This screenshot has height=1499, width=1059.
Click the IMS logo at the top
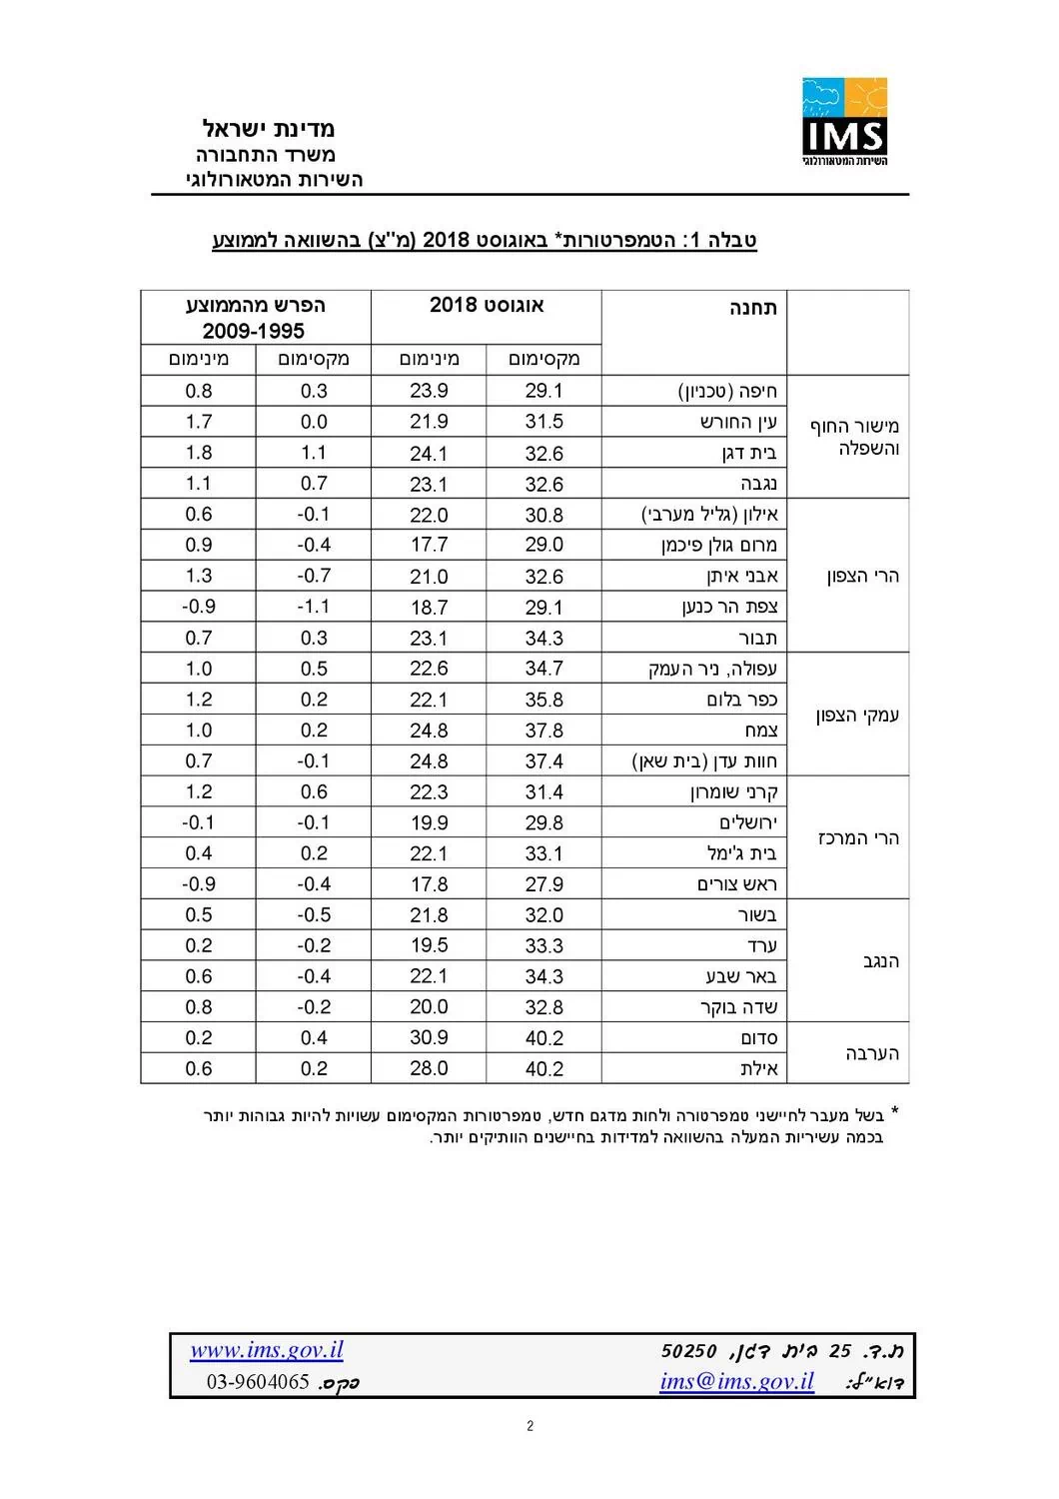(844, 122)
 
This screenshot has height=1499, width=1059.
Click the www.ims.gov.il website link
(267, 1350)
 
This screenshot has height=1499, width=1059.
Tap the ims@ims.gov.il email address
(736, 1381)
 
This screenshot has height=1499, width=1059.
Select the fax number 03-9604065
(258, 1382)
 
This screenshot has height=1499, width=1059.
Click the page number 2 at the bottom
(529, 1426)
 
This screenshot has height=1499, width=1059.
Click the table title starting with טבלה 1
(485, 240)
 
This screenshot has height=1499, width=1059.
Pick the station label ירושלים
(747, 822)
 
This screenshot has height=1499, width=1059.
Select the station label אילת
(758, 1068)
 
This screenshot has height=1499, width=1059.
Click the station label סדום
(758, 1038)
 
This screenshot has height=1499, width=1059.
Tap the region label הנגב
(880, 961)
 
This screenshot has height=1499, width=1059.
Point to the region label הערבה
(872, 1053)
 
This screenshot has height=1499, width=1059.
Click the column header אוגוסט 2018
(487, 305)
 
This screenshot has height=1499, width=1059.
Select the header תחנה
(752, 307)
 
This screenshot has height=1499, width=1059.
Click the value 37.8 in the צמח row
(543, 731)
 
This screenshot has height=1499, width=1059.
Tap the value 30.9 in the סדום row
(429, 1038)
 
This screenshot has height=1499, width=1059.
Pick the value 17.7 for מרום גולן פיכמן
(429, 546)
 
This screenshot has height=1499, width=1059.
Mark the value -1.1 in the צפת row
(313, 607)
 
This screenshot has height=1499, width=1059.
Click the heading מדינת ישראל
(269, 128)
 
